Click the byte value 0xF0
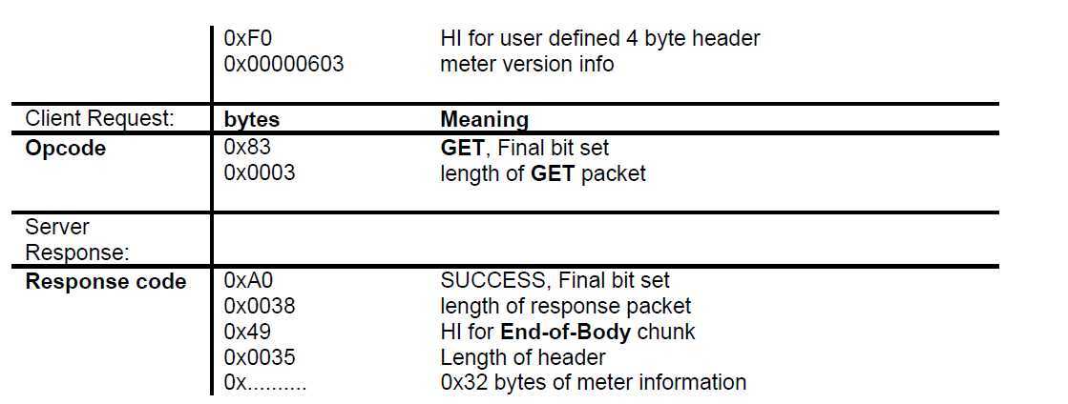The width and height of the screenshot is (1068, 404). pyautogui.click(x=248, y=39)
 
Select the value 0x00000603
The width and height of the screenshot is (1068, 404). pyautogui.click(x=284, y=65)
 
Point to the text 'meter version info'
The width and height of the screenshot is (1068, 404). pyautogui.click(x=527, y=65)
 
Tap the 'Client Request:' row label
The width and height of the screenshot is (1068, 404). pyautogui.click(x=99, y=118)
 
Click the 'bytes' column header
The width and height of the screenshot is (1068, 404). pyautogui.click(x=252, y=119)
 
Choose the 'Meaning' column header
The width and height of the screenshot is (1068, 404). pyautogui.click(x=484, y=119)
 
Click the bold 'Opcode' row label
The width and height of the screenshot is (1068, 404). pyautogui.click(x=66, y=149)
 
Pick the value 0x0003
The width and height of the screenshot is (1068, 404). pyautogui.click(x=260, y=172)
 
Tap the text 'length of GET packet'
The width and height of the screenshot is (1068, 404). pyautogui.click(x=543, y=173)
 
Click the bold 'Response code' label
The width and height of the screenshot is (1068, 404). pyautogui.click(x=106, y=282)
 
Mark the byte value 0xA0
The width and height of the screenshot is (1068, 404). pyautogui.click(x=248, y=280)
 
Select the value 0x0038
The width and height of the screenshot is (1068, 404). pyautogui.click(x=260, y=306)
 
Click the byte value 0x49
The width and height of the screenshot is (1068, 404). pyautogui.click(x=247, y=332)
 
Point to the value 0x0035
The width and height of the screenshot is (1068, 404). pyautogui.click(x=260, y=357)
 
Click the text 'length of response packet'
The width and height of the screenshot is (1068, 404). pyautogui.click(x=566, y=307)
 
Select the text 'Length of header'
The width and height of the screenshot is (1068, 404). pyautogui.click(x=523, y=357)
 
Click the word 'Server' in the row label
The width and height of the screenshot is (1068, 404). pyautogui.click(x=57, y=227)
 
